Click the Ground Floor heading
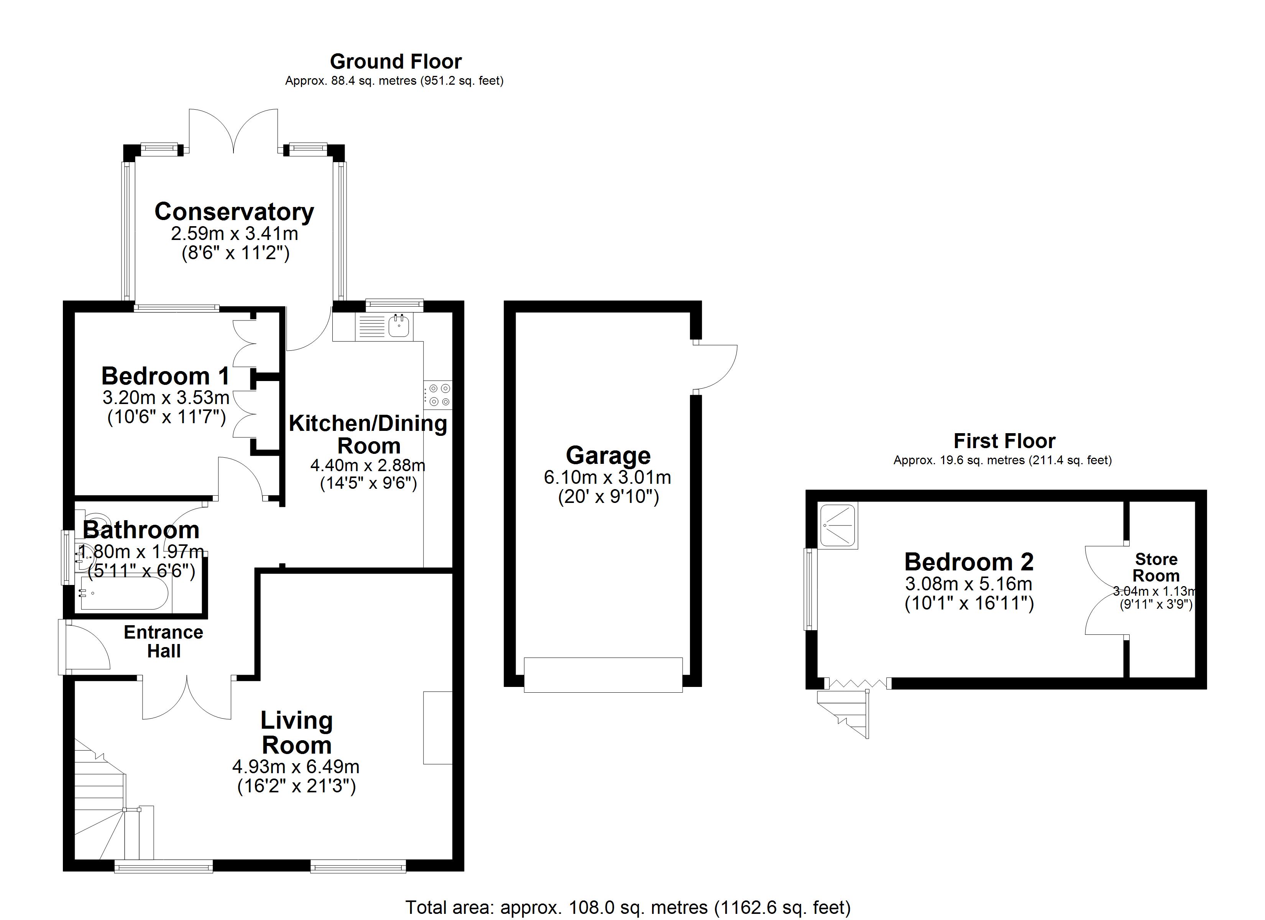pyautogui.click(x=396, y=61)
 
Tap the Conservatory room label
pyautogui.click(x=234, y=212)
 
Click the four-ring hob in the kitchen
pyautogui.click(x=439, y=394)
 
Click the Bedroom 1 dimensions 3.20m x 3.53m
pyautogui.click(x=166, y=398)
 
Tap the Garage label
pyautogui.click(x=608, y=456)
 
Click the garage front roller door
pyautogui.click(x=603, y=675)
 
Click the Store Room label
pyautogui.click(x=1156, y=567)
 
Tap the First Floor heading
pyautogui.click(x=1004, y=441)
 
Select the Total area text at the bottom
pyautogui.click(x=628, y=908)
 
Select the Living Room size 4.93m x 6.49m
pyautogui.click(x=296, y=767)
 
